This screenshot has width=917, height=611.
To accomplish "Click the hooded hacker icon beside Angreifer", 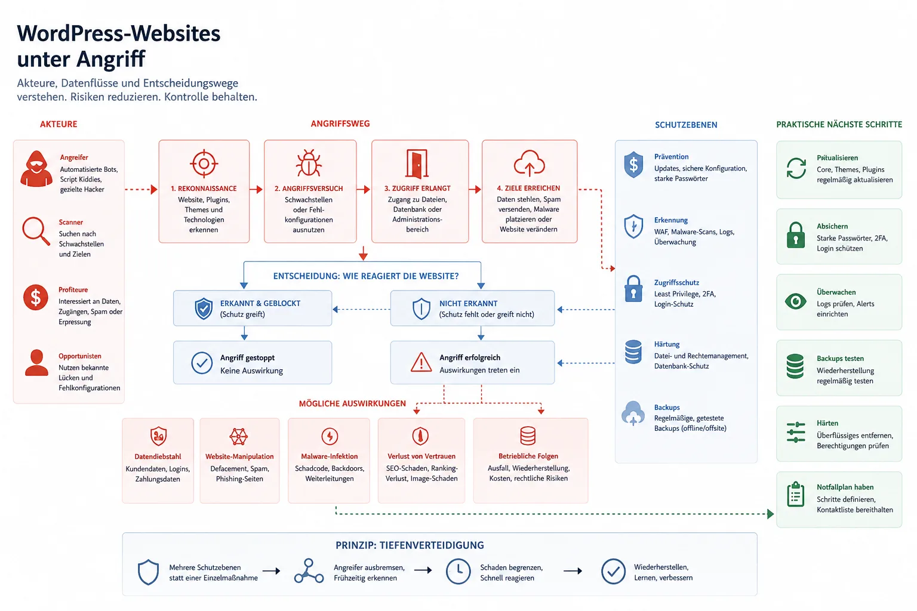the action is pyautogui.click(x=36, y=169).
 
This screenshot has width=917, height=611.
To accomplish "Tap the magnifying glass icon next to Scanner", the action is pyautogui.click(x=36, y=231).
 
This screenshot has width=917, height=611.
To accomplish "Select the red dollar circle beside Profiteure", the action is pyautogui.click(x=36, y=298).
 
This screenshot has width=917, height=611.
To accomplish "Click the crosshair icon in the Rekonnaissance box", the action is pyautogui.click(x=204, y=163).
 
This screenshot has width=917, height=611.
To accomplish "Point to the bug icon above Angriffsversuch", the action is pyautogui.click(x=309, y=163).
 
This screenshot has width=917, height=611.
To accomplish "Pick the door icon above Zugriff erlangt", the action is pyautogui.click(x=417, y=163).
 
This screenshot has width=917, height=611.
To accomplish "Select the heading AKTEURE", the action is pyautogui.click(x=59, y=124).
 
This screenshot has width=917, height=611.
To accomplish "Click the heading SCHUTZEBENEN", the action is pyautogui.click(x=686, y=125).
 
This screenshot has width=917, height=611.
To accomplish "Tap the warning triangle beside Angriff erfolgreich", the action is pyautogui.click(x=421, y=362).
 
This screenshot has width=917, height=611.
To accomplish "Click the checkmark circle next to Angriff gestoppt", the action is pyautogui.click(x=202, y=363).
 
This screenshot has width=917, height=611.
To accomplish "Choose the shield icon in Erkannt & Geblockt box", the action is pyautogui.click(x=204, y=308).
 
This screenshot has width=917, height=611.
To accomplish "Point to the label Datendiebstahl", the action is pyautogui.click(x=158, y=456).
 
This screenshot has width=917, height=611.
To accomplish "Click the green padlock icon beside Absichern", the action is pyautogui.click(x=796, y=235).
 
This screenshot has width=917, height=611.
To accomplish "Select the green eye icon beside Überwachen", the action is pyautogui.click(x=795, y=301).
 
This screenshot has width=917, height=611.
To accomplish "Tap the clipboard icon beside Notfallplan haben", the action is pyautogui.click(x=795, y=495).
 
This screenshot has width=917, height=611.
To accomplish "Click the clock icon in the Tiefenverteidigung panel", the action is pyautogui.click(x=458, y=571).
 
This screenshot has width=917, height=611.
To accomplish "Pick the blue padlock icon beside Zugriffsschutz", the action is pyautogui.click(x=633, y=289).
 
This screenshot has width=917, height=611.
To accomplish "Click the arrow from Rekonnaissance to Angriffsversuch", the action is pyautogui.click(x=256, y=190).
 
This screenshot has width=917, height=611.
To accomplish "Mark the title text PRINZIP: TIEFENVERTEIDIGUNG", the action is pyautogui.click(x=410, y=545).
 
